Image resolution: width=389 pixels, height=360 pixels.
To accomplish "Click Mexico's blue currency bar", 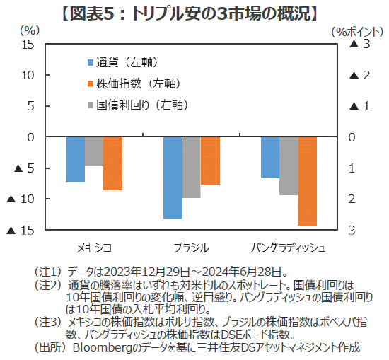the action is point(75,159).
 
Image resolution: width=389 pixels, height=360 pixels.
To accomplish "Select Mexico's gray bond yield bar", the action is point(94,151).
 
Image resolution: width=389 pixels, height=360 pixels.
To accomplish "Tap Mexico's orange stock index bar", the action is point(112,163).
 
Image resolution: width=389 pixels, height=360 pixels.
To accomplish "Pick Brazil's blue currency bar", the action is point(173,178).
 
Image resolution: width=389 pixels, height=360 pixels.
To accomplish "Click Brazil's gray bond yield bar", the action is point(191,167).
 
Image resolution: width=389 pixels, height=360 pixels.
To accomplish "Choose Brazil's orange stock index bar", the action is point(210,161).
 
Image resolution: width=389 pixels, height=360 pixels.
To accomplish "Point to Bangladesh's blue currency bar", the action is point(270,157).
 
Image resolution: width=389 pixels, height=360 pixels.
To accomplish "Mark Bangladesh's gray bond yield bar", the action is point(289,166).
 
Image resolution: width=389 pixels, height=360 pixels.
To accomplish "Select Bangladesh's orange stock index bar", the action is point(308,181).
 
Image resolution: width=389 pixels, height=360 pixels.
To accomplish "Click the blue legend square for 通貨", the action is point(91,62).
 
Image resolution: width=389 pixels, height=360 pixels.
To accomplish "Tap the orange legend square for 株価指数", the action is point(91,83).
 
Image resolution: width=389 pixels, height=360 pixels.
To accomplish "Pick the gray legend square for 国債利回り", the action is point(91,105).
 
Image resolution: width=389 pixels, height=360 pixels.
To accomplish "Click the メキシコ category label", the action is point(94,248).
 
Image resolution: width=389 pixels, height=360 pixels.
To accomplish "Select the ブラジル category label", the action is point(191,248).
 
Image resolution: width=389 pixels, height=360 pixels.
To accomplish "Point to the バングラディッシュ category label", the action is point(289,248).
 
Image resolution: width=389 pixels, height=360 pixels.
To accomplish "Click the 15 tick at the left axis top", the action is point(28,45).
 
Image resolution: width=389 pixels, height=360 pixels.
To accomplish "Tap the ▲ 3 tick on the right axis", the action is point(359,44).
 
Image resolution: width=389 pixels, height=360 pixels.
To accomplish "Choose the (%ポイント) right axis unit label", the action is point(357,32).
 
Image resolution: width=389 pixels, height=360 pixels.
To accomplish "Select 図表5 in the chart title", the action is point(91,13).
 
